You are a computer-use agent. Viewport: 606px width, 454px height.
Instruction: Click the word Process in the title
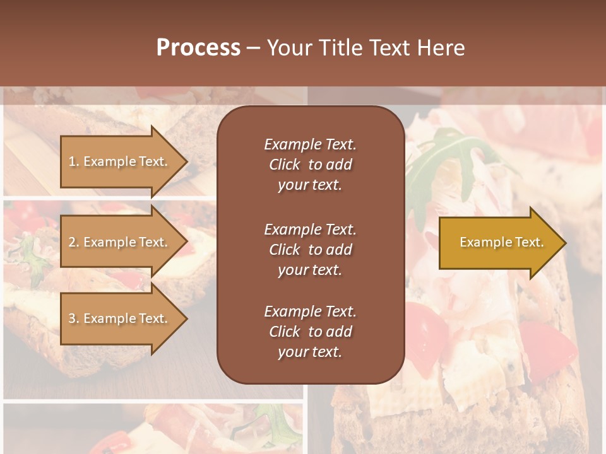198,48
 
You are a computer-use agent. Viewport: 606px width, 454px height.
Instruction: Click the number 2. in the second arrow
74,242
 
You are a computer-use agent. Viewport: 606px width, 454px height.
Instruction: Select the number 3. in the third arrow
74,318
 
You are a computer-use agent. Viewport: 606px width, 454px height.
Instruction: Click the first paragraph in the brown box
310,165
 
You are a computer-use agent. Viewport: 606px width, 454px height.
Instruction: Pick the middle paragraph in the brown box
310,250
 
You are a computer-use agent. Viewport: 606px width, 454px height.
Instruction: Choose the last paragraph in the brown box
310,332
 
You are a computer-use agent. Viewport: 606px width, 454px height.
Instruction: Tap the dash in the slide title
253,48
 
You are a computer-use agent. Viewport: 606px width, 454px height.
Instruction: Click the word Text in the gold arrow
530,242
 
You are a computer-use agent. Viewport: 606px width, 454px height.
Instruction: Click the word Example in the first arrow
109,161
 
